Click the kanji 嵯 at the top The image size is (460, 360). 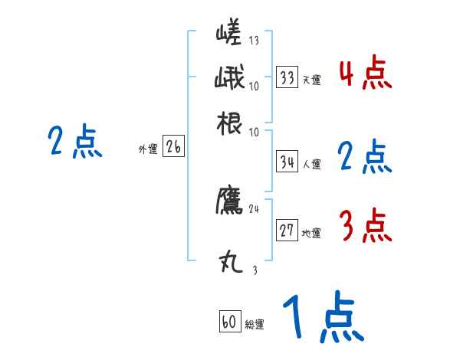coord(231,35)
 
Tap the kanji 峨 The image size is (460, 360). coord(231,79)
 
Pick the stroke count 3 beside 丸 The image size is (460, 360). coord(255,270)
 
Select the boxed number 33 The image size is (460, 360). coord(287,77)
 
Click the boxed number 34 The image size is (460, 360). coord(287,162)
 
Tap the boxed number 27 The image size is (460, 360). coord(287,231)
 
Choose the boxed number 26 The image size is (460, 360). coord(173,148)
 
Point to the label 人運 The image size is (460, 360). coord(311,164)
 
